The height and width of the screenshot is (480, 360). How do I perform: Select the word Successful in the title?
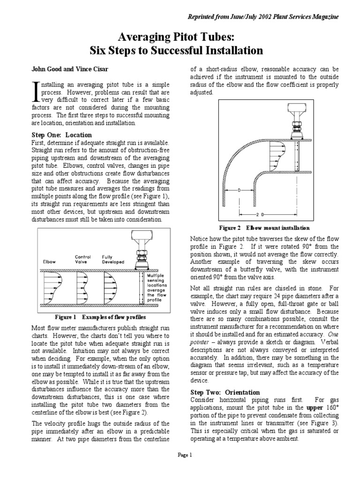(187, 50)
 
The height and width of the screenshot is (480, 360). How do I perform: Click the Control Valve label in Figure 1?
(82, 260)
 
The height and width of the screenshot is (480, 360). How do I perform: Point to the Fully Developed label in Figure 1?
(111, 260)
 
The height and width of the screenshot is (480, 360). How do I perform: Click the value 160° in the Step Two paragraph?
(333, 408)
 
